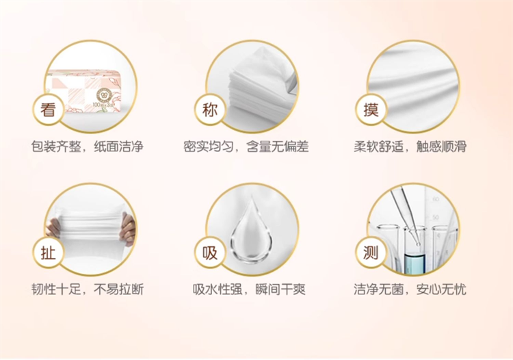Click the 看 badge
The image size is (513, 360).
(x=48, y=110)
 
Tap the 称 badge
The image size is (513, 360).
(x=210, y=110)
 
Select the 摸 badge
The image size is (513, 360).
(x=371, y=110)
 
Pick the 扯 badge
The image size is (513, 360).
(x=48, y=253)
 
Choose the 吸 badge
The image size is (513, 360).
(x=210, y=253)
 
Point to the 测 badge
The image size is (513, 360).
(x=371, y=253)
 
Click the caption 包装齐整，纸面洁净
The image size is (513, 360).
(x=88, y=146)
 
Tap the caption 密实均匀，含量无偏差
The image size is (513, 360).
(x=246, y=146)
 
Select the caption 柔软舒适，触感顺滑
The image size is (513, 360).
(x=410, y=146)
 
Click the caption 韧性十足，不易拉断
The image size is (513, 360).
(x=88, y=290)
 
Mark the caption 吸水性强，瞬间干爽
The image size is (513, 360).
(x=249, y=290)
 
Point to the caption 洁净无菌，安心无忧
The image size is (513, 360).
(x=410, y=290)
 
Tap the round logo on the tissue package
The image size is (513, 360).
(x=105, y=94)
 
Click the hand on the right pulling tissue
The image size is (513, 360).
(x=128, y=228)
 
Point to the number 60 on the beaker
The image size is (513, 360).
(x=436, y=199)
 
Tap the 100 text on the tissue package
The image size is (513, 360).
(x=96, y=105)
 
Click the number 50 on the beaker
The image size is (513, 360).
(x=436, y=218)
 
